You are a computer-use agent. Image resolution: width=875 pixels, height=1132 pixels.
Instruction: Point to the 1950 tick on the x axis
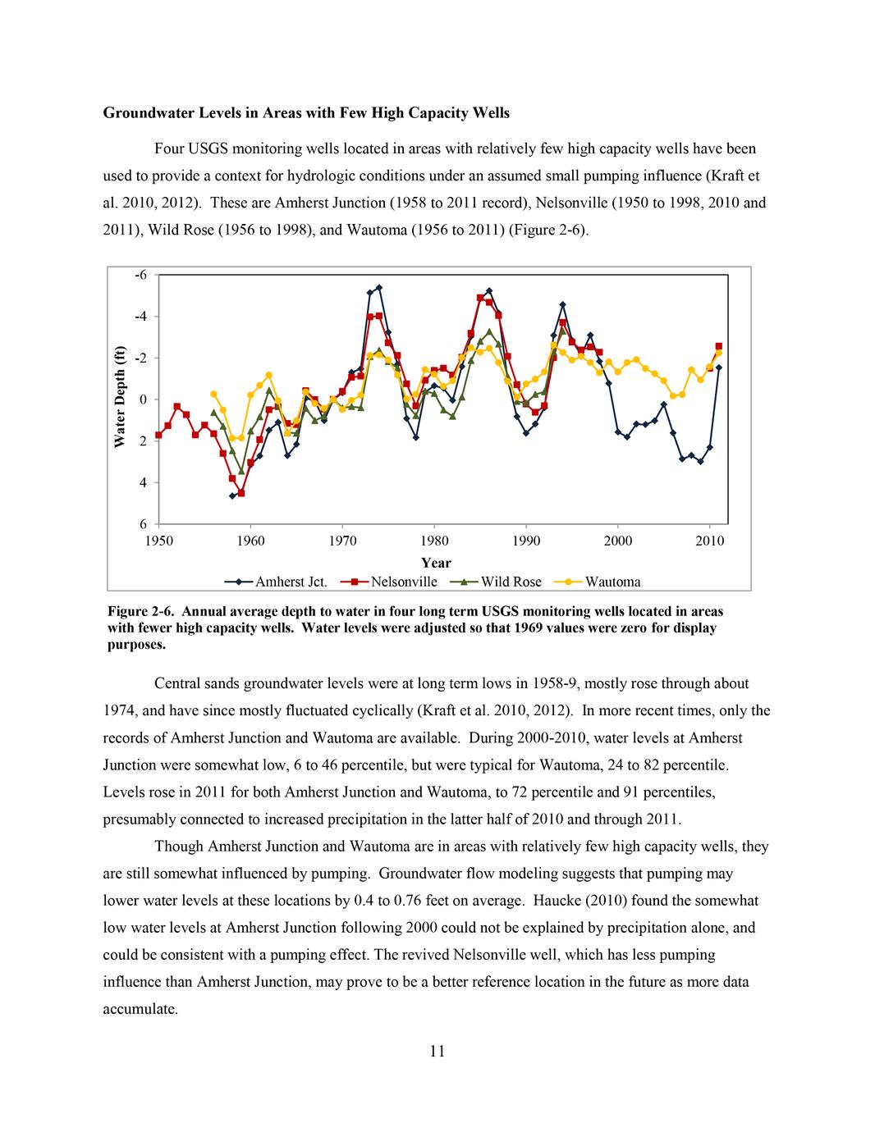(x=158, y=541)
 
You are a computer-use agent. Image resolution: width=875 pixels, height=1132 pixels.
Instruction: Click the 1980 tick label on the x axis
(x=434, y=541)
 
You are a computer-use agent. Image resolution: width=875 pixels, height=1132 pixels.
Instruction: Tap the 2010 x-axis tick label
(x=710, y=541)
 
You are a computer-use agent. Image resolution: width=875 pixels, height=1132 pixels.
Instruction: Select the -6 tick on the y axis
(x=141, y=275)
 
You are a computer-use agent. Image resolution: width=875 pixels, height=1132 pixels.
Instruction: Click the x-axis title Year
(x=435, y=563)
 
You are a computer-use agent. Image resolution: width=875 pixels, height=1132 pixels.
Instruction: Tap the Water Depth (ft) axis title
(x=120, y=397)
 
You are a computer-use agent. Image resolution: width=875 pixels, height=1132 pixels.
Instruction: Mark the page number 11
(x=437, y=1052)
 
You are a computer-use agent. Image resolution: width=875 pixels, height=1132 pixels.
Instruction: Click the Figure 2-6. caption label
(x=140, y=612)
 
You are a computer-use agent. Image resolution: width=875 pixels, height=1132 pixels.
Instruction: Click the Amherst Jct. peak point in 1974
(x=379, y=288)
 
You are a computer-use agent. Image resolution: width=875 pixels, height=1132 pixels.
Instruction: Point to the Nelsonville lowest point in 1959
(x=241, y=494)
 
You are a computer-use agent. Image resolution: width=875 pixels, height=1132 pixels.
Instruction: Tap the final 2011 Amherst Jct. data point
(x=719, y=367)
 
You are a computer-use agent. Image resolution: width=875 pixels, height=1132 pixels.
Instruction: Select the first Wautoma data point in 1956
(x=213, y=394)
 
